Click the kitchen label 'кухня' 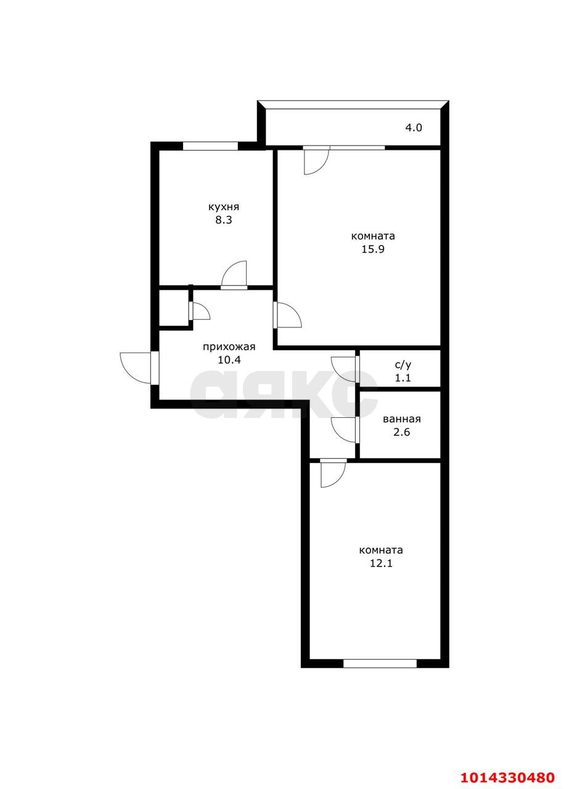(x=223, y=207)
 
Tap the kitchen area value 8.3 (x=223, y=220)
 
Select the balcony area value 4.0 (x=413, y=128)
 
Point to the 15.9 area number (x=373, y=250)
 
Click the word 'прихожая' (x=229, y=347)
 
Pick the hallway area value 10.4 (x=229, y=361)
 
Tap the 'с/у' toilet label (x=403, y=365)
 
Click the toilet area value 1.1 (x=403, y=378)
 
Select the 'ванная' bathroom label (x=401, y=419)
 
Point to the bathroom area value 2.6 (x=401, y=432)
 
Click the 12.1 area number (x=381, y=563)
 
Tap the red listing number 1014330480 (x=508, y=777)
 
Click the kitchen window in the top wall (x=210, y=146)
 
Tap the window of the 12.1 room (x=380, y=663)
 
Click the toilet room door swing (x=344, y=369)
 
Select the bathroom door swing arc (x=344, y=429)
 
